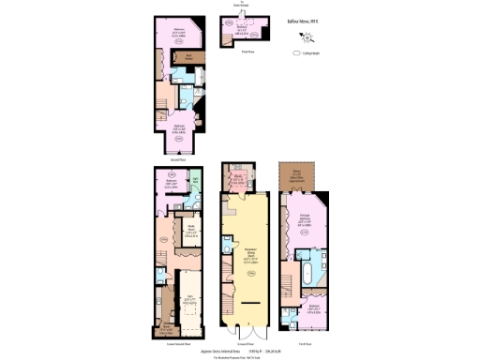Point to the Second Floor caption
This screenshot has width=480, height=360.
173,157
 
